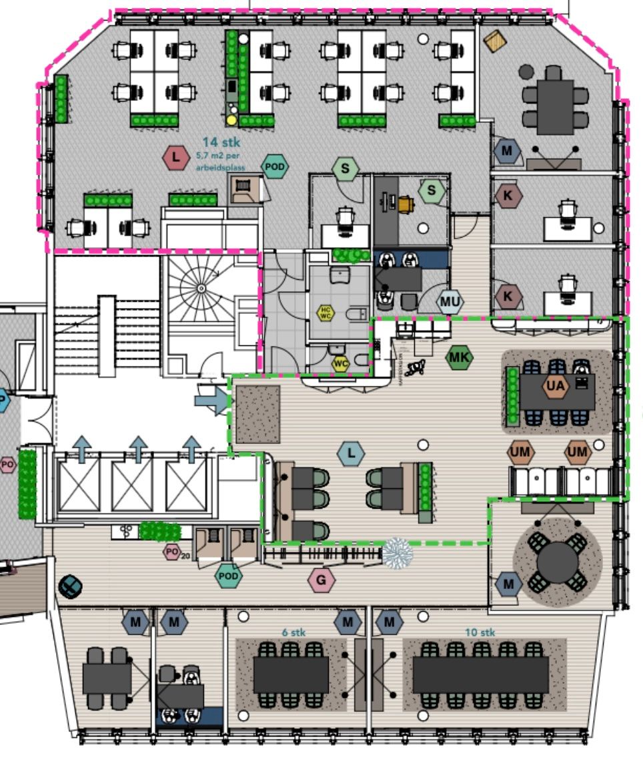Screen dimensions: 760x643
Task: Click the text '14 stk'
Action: (x=221, y=142)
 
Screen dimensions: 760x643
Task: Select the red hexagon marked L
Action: (x=175, y=158)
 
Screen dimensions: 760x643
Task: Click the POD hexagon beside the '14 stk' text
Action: (x=274, y=166)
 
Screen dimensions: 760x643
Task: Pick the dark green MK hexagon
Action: (x=459, y=358)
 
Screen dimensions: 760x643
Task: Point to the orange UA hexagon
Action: (x=555, y=385)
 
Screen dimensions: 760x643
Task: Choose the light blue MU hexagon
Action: (x=450, y=302)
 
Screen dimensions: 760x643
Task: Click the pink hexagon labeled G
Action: (x=321, y=580)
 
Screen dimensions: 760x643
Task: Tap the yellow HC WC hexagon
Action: (x=326, y=312)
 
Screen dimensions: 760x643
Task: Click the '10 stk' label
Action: (x=480, y=631)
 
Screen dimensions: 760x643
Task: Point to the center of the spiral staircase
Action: (x=201, y=288)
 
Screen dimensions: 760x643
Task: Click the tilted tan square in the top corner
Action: (x=495, y=41)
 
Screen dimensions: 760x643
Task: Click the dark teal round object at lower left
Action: (x=70, y=586)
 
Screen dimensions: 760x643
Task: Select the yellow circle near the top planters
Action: (x=231, y=120)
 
